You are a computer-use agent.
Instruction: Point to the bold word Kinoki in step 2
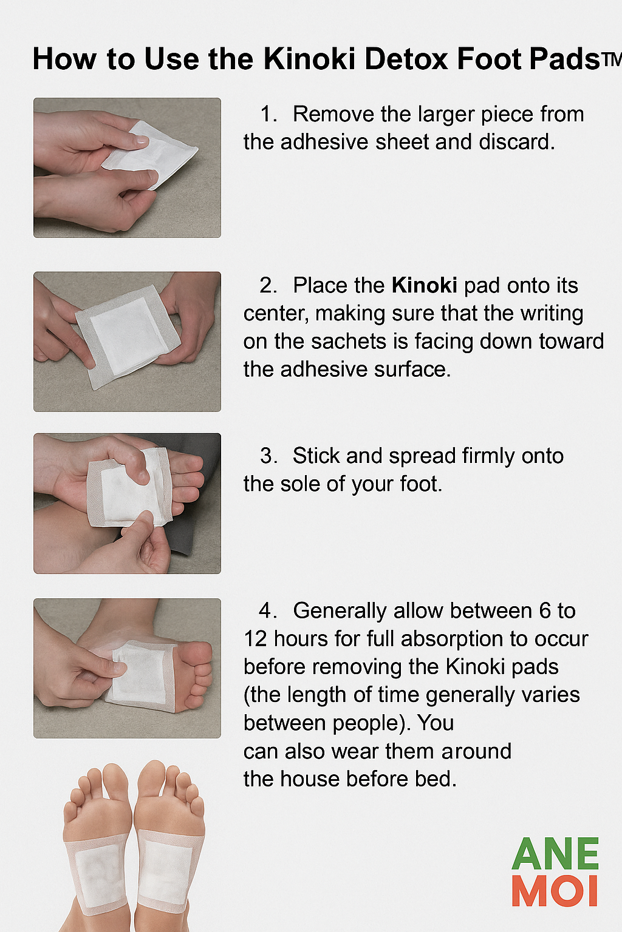pos(424,285)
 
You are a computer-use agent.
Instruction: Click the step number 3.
pos(268,456)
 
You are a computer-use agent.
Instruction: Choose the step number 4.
pos(268,610)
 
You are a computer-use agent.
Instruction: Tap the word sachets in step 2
pos(349,341)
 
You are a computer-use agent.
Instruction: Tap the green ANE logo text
pos(555,854)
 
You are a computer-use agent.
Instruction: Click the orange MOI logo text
pos(555,891)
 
